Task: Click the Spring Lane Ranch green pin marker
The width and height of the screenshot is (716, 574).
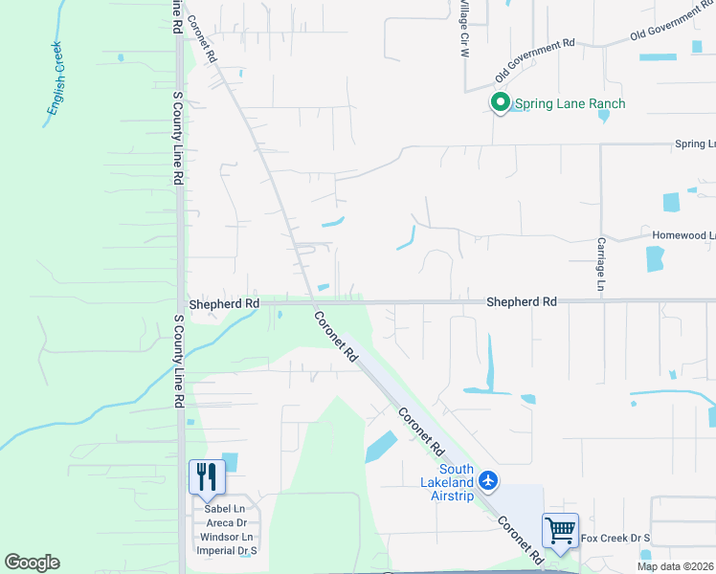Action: (500, 102)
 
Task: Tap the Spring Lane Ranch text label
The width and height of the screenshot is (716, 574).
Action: (571, 103)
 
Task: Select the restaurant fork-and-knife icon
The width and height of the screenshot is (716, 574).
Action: (207, 476)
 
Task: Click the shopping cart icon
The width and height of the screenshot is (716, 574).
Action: (560, 529)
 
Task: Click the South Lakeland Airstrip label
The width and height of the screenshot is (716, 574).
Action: (457, 483)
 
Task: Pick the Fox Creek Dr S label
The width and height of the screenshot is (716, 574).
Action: (615, 539)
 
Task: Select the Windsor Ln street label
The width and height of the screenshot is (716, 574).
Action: (226, 537)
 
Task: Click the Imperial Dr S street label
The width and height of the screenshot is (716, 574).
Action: (227, 551)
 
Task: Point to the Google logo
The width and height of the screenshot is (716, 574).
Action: (33, 563)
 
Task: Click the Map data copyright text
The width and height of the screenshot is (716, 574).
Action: (675, 566)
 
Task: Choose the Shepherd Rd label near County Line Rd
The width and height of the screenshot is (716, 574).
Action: (224, 303)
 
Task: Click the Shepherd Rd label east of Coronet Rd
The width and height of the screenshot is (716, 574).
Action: (522, 301)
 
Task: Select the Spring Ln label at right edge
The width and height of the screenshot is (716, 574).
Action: (695, 143)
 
